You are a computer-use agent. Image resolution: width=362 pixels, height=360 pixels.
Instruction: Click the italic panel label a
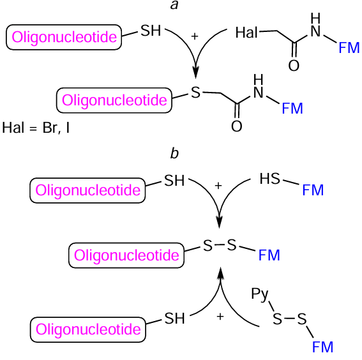[173, 6]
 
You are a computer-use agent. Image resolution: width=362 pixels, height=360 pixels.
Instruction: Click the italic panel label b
[174, 153]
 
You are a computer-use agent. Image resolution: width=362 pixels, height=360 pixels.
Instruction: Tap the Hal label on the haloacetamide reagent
[247, 32]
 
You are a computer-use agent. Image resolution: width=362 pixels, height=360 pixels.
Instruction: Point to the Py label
[259, 295]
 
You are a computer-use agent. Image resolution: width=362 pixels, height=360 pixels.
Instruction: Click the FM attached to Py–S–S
[322, 347]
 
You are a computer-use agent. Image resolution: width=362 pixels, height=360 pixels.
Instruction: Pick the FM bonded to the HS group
[313, 190]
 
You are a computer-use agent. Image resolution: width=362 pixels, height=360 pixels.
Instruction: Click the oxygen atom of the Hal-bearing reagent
[294, 65]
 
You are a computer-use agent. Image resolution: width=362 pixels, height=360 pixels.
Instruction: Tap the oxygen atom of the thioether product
[236, 126]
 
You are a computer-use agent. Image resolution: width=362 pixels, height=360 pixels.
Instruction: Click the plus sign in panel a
[195, 36]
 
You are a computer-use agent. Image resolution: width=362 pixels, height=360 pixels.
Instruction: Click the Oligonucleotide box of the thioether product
[115, 100]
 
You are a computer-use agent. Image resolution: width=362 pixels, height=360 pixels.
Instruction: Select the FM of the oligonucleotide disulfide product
[269, 256]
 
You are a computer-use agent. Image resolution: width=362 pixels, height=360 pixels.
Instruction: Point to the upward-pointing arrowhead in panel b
[220, 273]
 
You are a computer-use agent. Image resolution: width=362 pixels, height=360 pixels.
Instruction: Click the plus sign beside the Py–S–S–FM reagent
[220, 316]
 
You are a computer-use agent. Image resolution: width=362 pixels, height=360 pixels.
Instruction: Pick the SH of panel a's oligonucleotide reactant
[151, 31]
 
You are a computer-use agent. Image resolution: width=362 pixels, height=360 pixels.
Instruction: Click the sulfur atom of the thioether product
[195, 93]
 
